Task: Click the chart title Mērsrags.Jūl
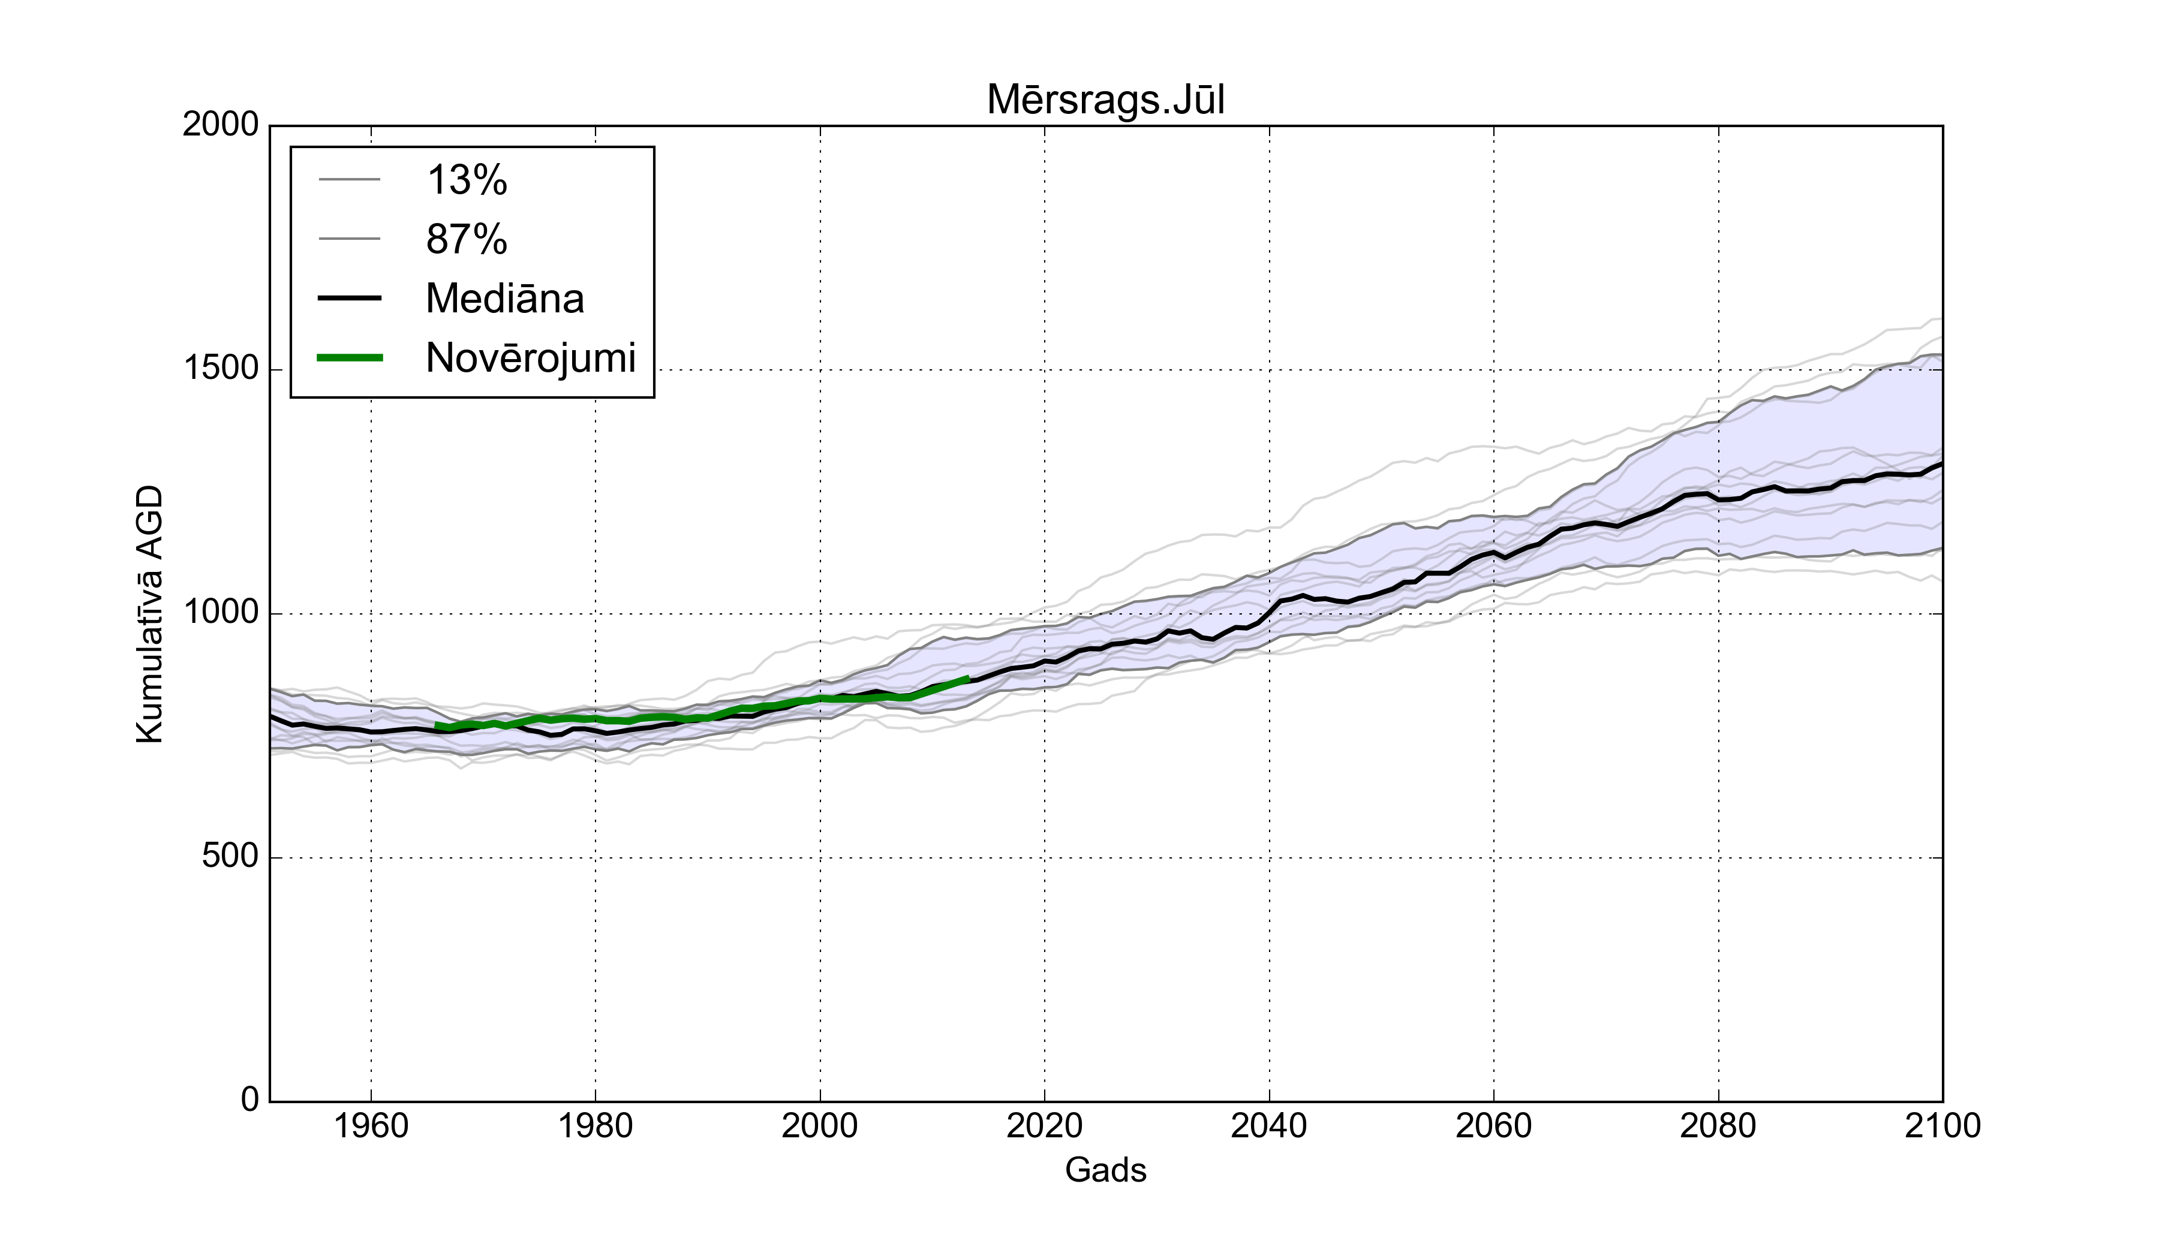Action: point(1105,100)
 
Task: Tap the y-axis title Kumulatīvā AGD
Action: point(150,614)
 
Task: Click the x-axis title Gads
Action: point(1105,1170)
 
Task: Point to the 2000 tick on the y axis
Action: point(220,125)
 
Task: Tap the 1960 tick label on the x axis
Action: point(371,1125)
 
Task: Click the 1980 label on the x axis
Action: point(596,1125)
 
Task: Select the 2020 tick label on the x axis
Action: point(1044,1125)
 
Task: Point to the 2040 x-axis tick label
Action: point(1269,1125)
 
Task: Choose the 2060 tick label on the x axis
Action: point(1493,1125)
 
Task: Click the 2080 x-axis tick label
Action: point(1718,1125)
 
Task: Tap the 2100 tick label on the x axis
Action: point(1943,1125)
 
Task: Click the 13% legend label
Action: point(467,180)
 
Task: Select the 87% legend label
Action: point(467,239)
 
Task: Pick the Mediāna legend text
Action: point(504,299)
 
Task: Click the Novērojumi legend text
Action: point(530,358)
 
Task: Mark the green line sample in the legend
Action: point(350,358)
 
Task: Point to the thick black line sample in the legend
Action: point(350,298)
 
